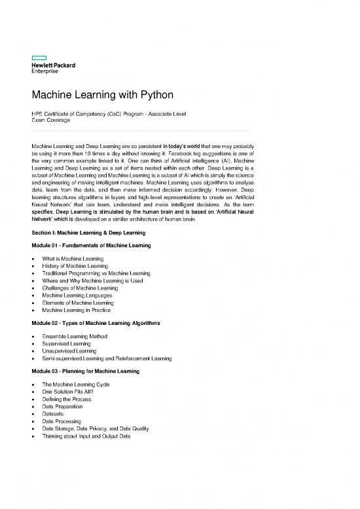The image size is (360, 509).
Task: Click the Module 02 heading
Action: click(x=96, y=324)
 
